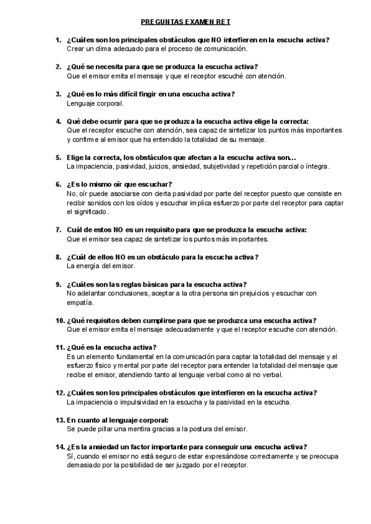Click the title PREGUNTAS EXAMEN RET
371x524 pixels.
coord(185,22)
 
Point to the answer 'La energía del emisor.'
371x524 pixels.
coord(100,266)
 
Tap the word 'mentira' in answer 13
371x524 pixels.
coord(135,429)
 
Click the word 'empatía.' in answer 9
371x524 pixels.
coord(80,302)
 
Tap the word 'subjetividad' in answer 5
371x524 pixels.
coord(221,166)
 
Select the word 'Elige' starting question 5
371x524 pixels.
coord(76,158)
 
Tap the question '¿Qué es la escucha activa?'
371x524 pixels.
coord(111,347)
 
